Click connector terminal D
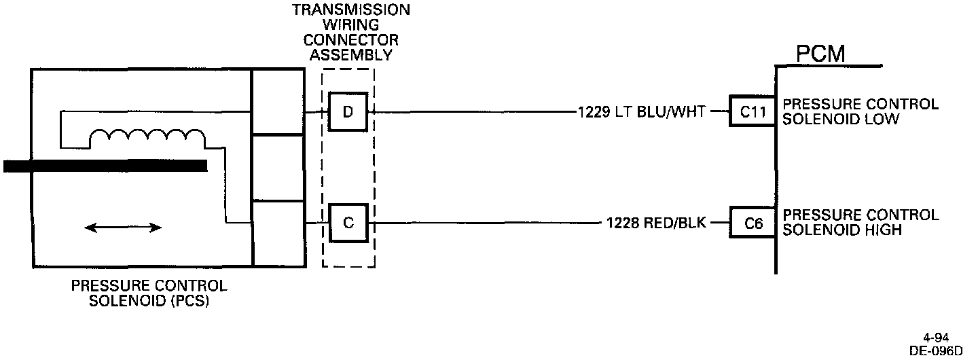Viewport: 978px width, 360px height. [348, 111]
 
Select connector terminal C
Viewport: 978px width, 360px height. [348, 223]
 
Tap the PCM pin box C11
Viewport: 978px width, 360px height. [753, 112]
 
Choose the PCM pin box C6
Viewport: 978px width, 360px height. [753, 223]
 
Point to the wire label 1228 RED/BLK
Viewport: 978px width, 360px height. [656, 223]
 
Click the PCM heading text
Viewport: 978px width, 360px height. [820, 54]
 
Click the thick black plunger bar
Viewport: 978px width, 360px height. [105, 166]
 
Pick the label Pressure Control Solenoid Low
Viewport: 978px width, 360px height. [861, 112]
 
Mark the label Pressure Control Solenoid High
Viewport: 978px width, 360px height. [861, 223]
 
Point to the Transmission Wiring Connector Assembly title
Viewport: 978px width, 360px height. [350, 33]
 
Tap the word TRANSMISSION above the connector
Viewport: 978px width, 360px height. [350, 10]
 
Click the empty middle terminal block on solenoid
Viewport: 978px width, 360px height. [278, 168]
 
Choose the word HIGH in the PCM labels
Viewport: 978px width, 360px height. [884, 230]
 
